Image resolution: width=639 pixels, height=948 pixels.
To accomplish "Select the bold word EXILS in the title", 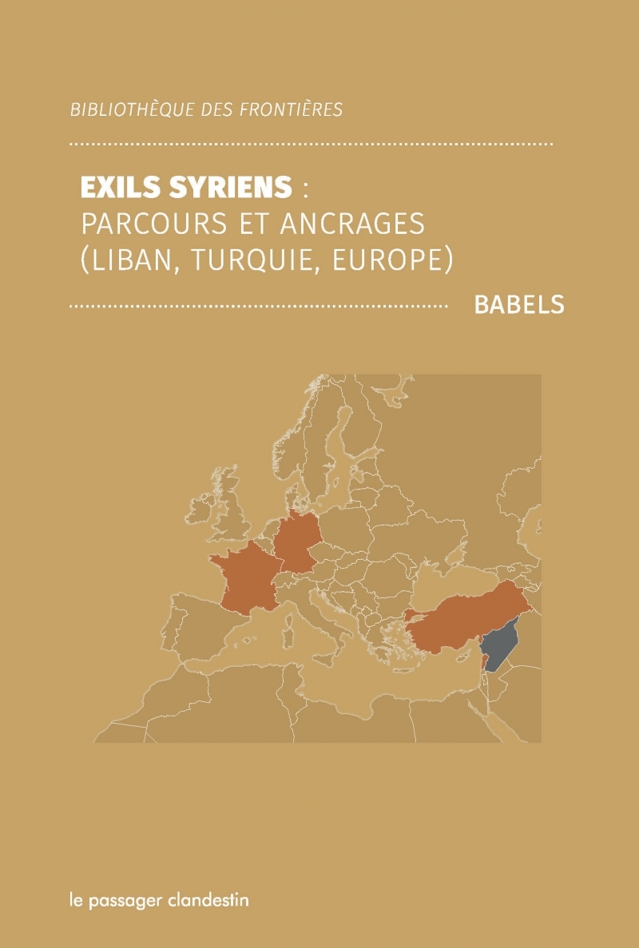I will pos(117,188).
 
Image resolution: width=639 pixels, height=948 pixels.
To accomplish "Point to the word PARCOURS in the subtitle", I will pos(145,224).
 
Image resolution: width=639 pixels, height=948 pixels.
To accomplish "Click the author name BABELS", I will pos(519,305).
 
